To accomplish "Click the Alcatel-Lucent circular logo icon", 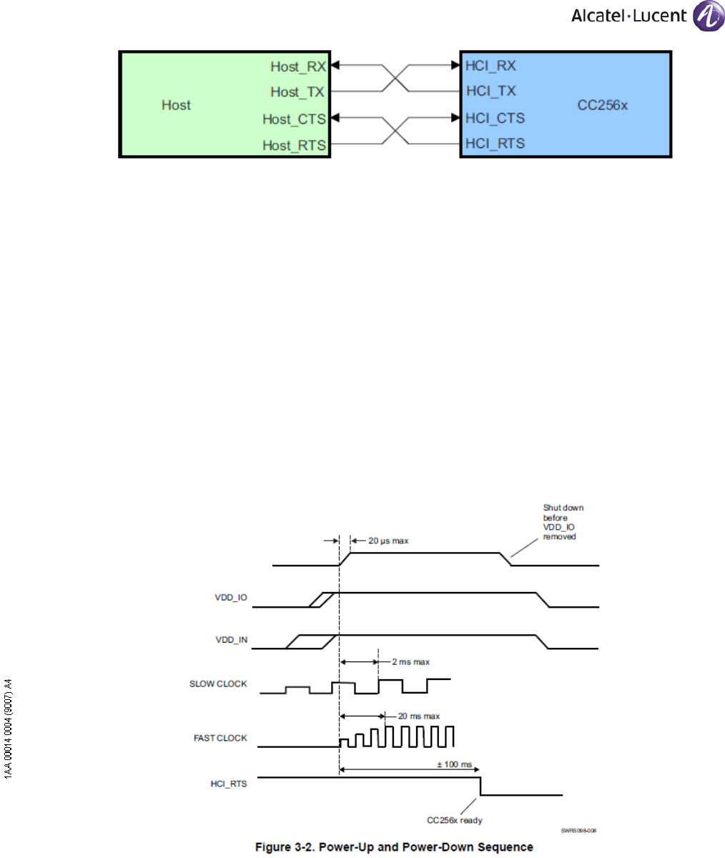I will (708, 16).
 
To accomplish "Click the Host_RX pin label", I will (297, 66).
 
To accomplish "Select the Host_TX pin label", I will (297, 92).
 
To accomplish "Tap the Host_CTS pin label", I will (294, 119).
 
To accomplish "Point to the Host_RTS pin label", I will (294, 145).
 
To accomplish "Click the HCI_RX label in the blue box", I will (490, 66).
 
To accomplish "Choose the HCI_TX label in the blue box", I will (490, 92).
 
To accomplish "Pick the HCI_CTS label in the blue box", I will (495, 118).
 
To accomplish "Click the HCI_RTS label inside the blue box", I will (495, 144).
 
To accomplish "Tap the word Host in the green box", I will (176, 105).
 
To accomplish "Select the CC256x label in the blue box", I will (603, 105).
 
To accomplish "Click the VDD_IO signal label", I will (231, 598).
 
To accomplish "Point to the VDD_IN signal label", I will (231, 640).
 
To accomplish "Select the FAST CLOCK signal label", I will (220, 738).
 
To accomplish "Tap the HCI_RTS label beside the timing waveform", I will (230, 784).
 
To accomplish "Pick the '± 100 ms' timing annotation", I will (455, 764).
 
